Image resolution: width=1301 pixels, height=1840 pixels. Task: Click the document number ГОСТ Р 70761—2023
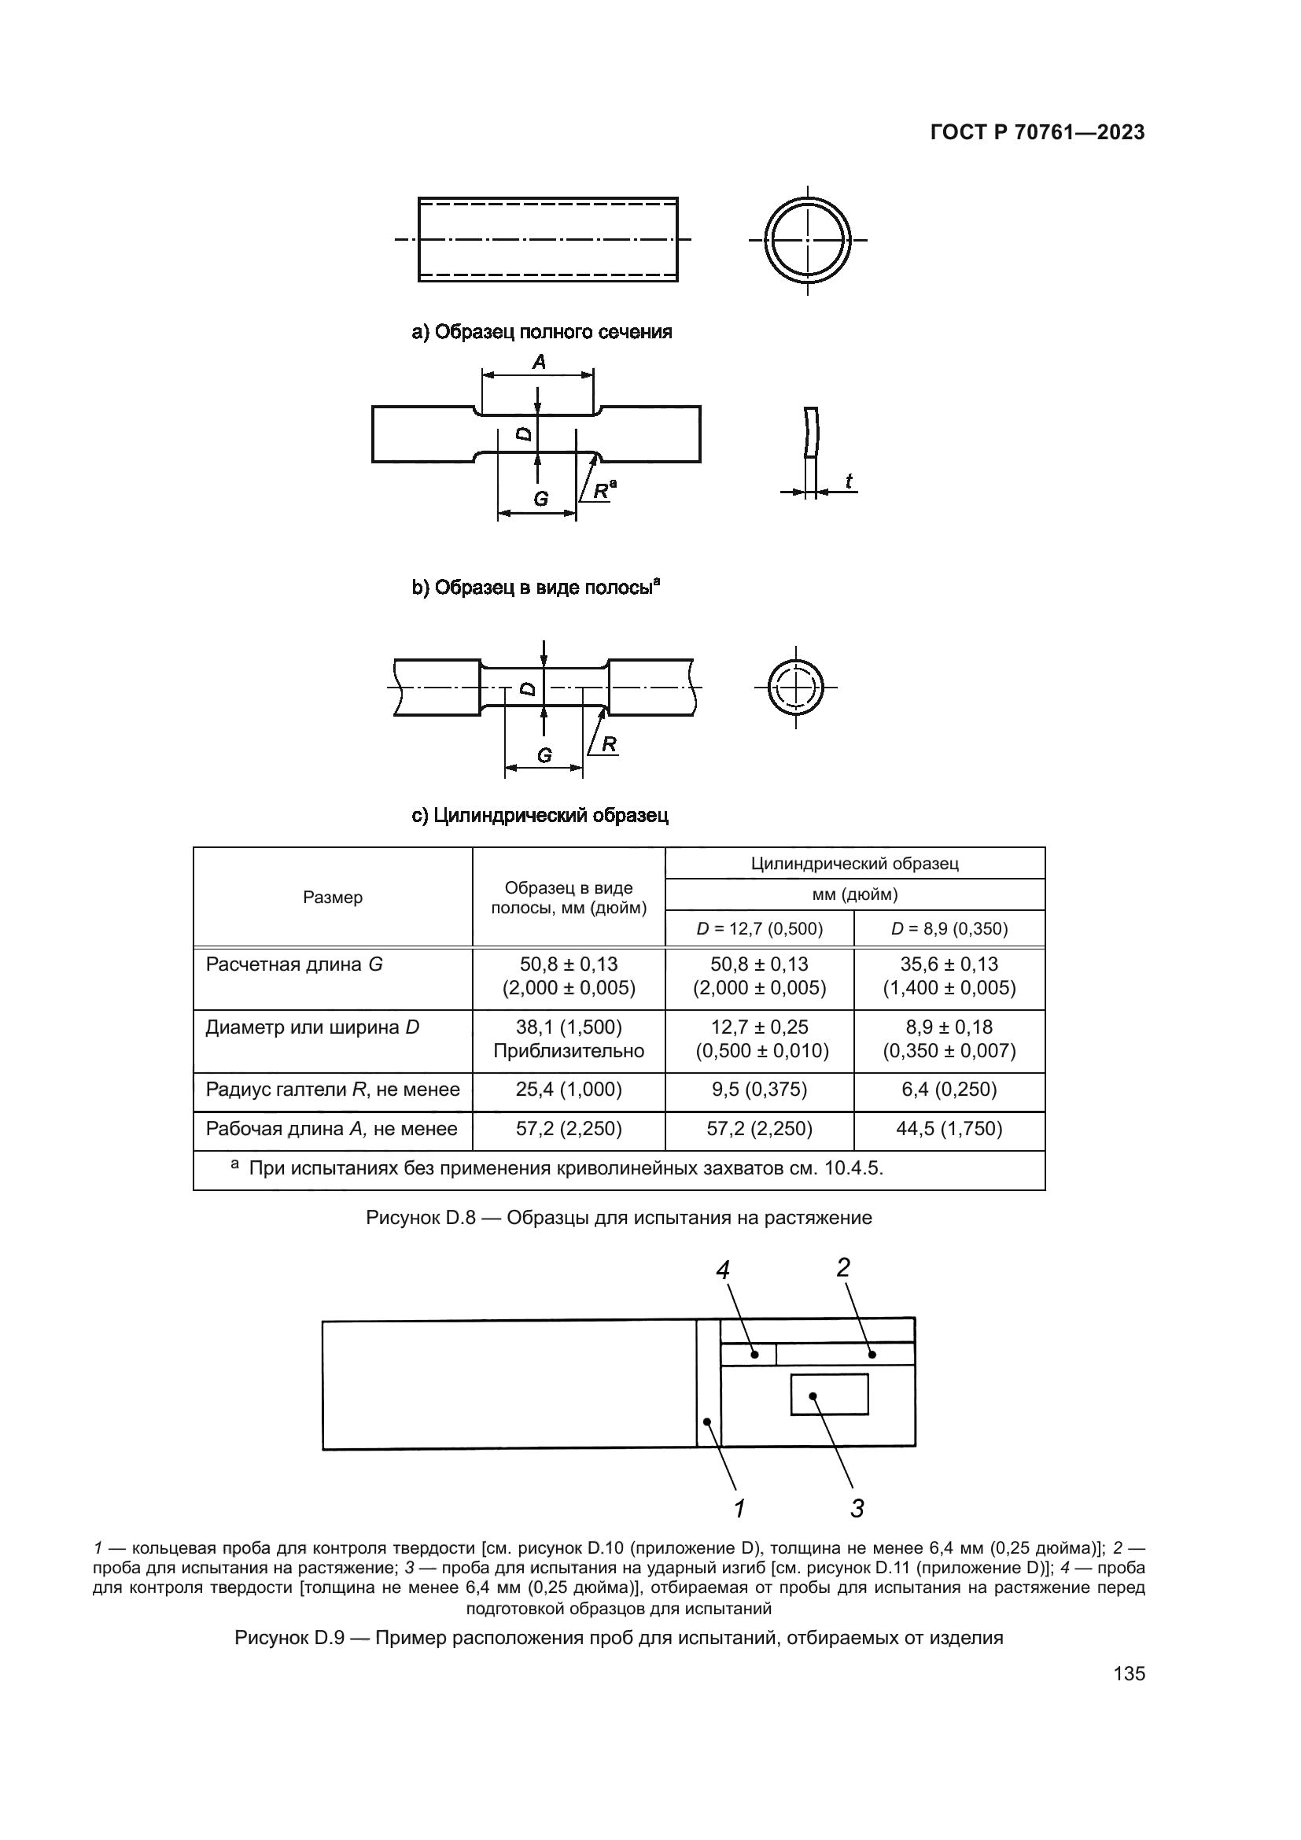(x=1037, y=133)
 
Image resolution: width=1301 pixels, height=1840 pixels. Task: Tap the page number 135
(x=1129, y=1673)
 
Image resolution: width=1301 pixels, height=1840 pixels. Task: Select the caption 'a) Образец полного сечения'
(x=541, y=332)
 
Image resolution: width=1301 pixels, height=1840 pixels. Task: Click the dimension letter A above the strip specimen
(x=539, y=363)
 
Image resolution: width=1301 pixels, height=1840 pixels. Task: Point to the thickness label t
(x=849, y=481)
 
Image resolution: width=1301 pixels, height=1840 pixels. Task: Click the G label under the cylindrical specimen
(x=545, y=755)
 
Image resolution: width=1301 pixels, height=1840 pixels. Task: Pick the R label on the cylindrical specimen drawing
(x=609, y=744)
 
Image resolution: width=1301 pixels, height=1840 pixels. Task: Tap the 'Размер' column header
(x=333, y=898)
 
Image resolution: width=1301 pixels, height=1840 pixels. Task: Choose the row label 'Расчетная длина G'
(x=294, y=964)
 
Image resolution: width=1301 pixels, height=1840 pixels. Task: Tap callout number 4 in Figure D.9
(x=723, y=1270)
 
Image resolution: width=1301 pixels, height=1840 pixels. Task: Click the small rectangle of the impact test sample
(x=829, y=1395)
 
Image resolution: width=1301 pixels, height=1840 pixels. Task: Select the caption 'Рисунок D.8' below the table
(x=618, y=1217)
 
